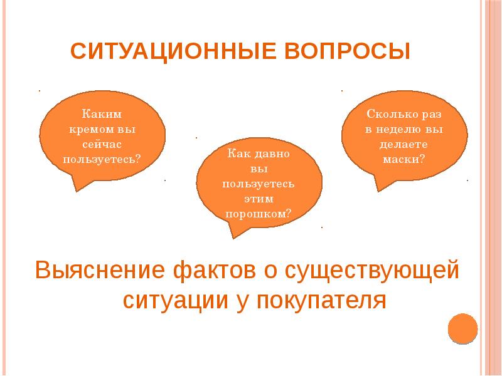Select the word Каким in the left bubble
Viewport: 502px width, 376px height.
[x=102, y=115]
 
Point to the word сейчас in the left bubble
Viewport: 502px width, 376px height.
[x=102, y=144]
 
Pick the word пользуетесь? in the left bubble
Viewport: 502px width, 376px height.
[x=102, y=158]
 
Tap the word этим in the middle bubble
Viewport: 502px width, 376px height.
[x=259, y=197]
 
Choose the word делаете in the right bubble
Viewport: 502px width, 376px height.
[x=404, y=144]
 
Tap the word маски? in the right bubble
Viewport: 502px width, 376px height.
[x=404, y=159]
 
